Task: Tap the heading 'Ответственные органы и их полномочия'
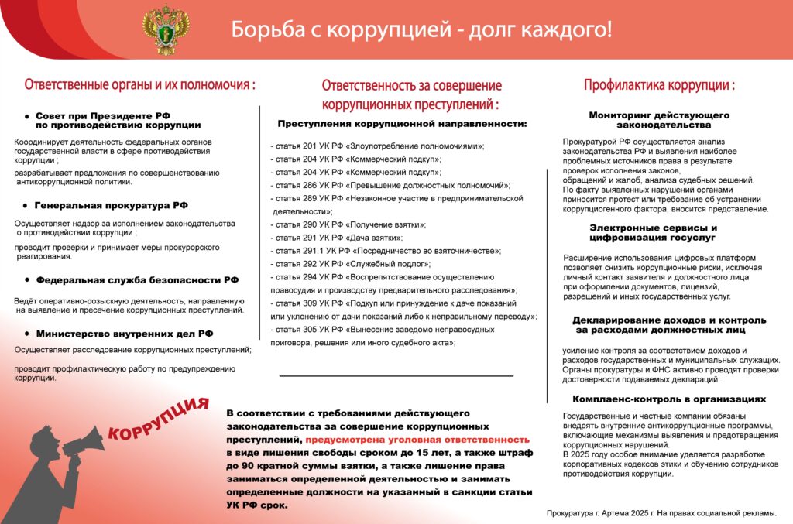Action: point(139,84)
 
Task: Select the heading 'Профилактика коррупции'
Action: point(659,85)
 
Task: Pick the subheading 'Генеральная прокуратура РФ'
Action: point(112,206)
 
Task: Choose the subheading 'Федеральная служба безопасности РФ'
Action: point(137,280)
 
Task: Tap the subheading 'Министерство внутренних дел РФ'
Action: point(124,334)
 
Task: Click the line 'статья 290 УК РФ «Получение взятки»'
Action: point(348,224)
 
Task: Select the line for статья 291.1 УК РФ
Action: point(386,251)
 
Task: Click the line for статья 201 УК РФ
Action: point(377,146)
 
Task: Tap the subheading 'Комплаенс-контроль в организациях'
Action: point(669,399)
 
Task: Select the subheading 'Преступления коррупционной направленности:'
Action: point(402,124)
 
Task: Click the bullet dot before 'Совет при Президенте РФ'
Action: point(27,115)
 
